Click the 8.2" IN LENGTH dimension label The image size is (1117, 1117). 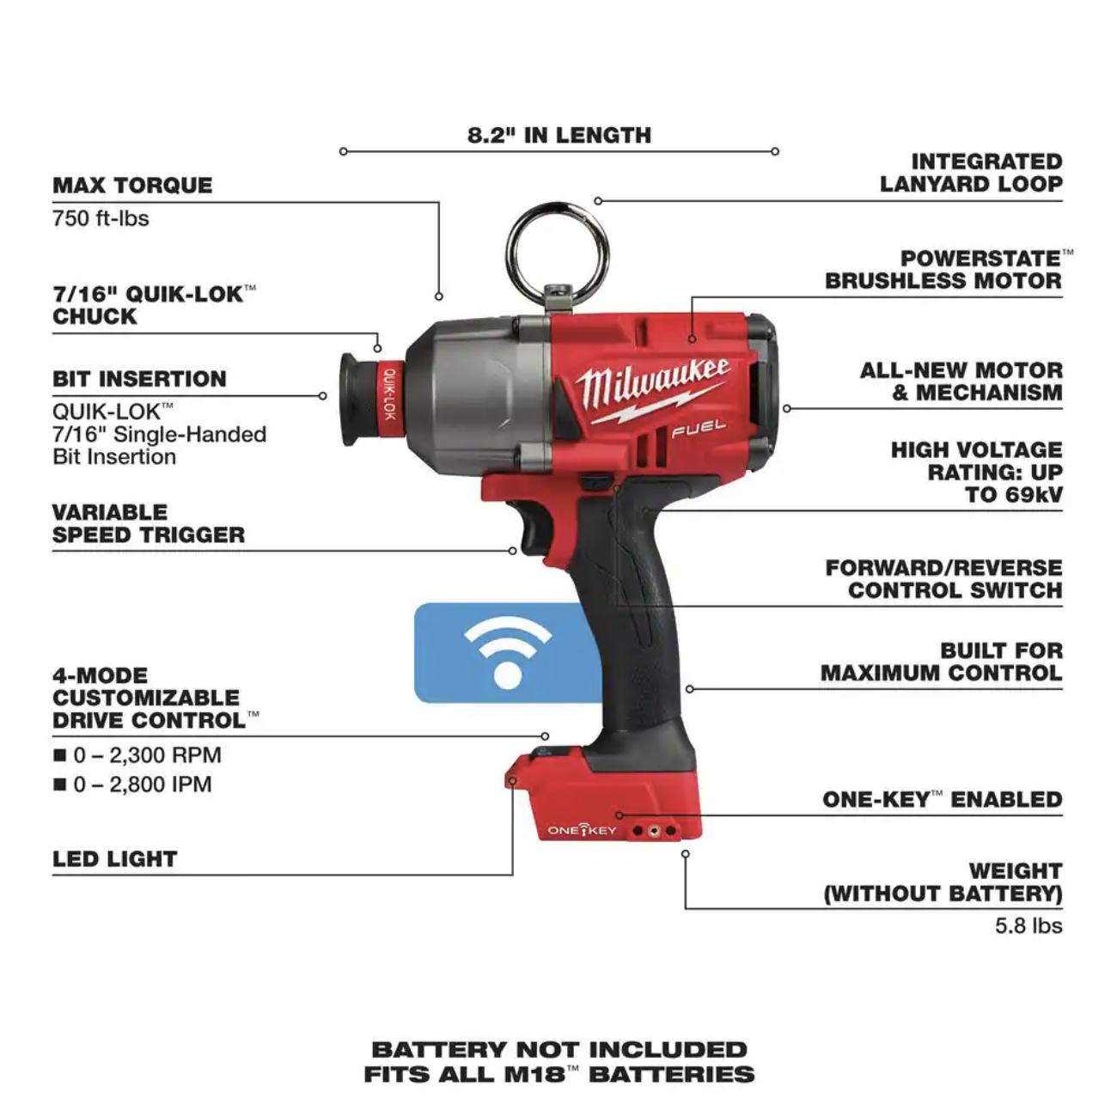(x=558, y=135)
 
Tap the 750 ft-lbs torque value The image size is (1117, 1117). (x=101, y=218)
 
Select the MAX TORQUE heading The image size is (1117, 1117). (x=132, y=185)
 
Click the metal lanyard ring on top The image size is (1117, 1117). (x=558, y=249)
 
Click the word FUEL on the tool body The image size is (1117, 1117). (x=698, y=428)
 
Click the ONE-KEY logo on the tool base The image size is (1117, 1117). (x=582, y=830)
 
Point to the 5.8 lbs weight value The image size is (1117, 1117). (x=1028, y=925)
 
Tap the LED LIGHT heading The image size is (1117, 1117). (x=114, y=858)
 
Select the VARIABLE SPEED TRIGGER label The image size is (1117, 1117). (x=148, y=523)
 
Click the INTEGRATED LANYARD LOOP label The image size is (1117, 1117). (x=971, y=172)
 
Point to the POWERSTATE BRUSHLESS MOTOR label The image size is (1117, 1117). (x=943, y=269)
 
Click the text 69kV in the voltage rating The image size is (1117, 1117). (x=1035, y=495)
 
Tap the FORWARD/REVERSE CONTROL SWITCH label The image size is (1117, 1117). (x=943, y=579)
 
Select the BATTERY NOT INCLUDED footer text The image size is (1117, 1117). (x=558, y=1049)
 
